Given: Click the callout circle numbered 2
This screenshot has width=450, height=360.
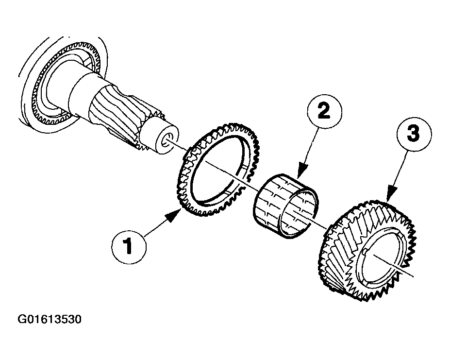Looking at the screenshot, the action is point(324,111).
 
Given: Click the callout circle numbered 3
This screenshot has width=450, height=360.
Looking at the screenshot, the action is point(414,134).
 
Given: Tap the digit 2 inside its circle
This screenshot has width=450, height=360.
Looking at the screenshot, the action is point(324,111).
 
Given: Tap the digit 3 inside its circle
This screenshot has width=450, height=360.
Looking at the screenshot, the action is point(414,134).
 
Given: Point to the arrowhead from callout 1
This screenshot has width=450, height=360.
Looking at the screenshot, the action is point(174,216).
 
